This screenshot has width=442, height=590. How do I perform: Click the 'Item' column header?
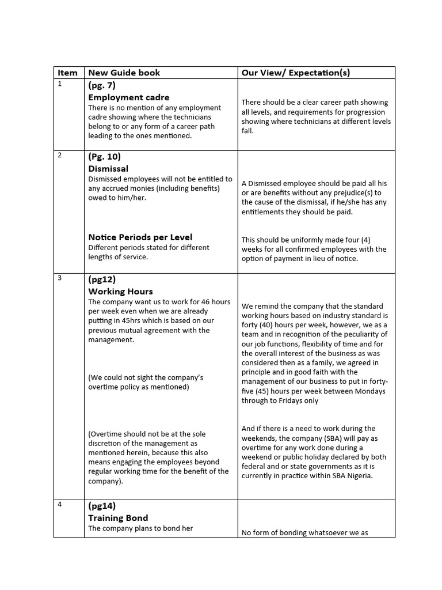click(67, 73)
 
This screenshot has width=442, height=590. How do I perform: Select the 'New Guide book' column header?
click(124, 73)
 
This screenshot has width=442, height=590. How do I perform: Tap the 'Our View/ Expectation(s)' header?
click(295, 73)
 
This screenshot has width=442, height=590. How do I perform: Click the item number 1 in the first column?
click(59, 84)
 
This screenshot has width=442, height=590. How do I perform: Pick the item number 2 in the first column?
click(59, 156)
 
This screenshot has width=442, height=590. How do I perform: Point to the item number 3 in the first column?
click(59, 278)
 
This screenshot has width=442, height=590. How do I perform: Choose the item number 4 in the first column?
click(59, 505)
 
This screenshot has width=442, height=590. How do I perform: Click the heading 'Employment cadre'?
click(128, 97)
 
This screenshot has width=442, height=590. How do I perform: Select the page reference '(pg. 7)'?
click(102, 85)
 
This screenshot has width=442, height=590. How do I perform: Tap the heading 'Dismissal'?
click(108, 169)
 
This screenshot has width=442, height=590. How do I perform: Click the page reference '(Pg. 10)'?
click(104, 157)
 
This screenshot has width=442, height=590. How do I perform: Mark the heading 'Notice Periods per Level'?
click(140, 237)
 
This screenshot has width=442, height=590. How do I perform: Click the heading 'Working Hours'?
click(120, 292)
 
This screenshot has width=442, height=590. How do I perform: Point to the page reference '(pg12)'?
click(102, 279)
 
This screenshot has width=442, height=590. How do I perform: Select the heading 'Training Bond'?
click(118, 518)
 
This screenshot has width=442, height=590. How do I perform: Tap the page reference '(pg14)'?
click(102, 506)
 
